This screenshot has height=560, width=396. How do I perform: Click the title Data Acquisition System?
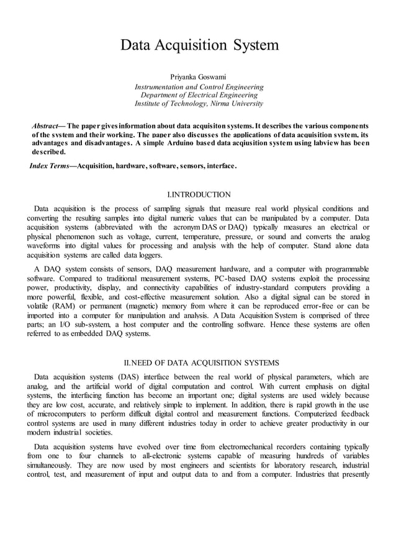[x=199, y=45]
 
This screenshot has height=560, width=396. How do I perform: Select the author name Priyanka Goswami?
[x=199, y=76]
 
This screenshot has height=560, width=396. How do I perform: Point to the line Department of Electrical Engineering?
[x=199, y=95]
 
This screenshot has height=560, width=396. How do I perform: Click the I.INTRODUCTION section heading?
[x=199, y=195]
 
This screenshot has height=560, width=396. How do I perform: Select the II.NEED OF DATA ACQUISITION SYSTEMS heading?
[x=199, y=363]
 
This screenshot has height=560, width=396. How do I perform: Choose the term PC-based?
[x=228, y=278]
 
